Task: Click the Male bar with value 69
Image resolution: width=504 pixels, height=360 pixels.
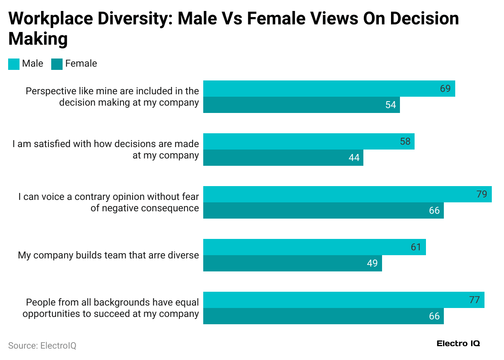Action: pos(329,89)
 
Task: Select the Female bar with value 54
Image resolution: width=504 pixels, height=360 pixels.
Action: pos(301,105)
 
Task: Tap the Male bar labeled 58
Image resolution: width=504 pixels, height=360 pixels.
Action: pos(308,141)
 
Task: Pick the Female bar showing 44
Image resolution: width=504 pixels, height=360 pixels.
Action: pos(283,158)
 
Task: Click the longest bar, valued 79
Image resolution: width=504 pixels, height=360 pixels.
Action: pos(347,194)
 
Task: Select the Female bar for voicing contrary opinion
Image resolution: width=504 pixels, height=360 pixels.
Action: pos(323,210)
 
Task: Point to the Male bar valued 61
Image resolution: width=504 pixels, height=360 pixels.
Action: pos(314,247)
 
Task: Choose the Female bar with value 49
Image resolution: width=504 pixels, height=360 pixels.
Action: pos(292,263)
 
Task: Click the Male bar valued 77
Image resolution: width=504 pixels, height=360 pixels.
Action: pos(343,300)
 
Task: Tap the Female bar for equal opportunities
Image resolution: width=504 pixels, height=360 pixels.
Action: pos(323,316)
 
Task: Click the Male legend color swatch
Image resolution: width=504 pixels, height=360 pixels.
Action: pos(14,64)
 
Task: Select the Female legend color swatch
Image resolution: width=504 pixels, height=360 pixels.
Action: pos(57,64)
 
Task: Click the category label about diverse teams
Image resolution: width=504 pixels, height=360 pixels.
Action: pos(108,255)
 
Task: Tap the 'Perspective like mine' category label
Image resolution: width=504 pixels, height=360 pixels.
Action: pos(112,97)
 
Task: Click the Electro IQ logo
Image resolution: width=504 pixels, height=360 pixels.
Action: pos(458,343)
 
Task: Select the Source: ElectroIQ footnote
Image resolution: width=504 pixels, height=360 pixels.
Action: pos(42,345)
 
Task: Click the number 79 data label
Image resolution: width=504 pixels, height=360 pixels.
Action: pos(481,194)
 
